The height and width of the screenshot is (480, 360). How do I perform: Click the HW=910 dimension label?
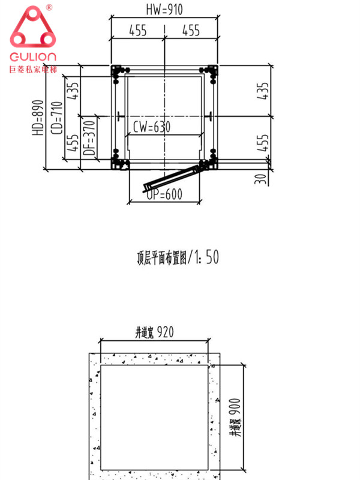[x=164, y=10]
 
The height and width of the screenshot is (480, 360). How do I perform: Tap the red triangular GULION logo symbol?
[x=32, y=32]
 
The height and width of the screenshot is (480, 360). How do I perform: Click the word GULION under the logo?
[x=33, y=57]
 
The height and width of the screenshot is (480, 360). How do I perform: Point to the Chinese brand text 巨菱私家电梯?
[x=33, y=70]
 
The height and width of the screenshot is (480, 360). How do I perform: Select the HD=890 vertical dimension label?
[x=37, y=117]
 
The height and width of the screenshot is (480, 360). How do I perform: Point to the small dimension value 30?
[x=259, y=179]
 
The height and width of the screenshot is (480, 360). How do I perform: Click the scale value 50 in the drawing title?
[x=212, y=257]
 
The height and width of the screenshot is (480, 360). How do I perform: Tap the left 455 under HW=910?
[x=138, y=31]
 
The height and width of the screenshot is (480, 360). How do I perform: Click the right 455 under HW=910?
[x=191, y=31]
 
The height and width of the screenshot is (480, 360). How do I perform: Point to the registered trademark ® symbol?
[x=49, y=7]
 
